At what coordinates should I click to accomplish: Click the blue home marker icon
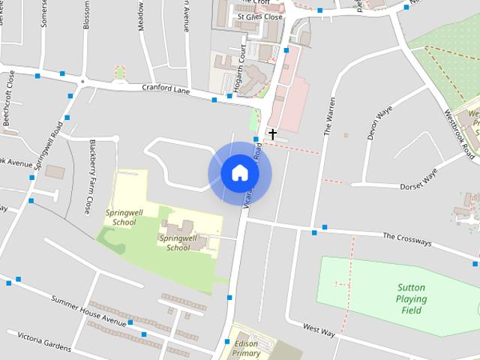(240, 173)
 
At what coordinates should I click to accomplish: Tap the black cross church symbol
(273, 134)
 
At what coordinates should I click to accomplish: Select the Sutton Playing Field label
(412, 299)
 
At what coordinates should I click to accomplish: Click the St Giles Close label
(259, 16)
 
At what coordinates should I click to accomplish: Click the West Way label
(319, 329)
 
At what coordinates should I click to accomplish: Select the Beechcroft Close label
(8, 98)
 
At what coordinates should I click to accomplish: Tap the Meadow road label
(140, 16)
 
